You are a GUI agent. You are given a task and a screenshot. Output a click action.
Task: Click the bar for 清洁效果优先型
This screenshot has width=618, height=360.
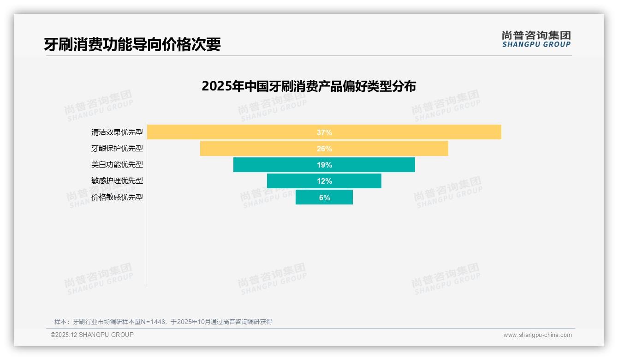[231, 132]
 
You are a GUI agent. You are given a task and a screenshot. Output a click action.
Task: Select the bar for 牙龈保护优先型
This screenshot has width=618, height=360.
[258, 149]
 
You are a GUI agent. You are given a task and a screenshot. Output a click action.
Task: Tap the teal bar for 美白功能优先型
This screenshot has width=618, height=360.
[277, 165]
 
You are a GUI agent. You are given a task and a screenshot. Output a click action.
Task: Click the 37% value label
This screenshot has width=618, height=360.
[324, 132]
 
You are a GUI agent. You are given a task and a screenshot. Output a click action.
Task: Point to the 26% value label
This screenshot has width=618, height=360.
[324, 149]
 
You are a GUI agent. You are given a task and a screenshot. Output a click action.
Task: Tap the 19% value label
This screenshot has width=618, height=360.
[324, 165]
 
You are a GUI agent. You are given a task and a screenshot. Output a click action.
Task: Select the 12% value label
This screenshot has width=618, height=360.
[324, 181]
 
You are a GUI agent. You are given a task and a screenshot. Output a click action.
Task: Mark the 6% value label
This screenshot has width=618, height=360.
[324, 198]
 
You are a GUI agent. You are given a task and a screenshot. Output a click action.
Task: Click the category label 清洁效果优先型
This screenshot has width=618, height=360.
[117, 132]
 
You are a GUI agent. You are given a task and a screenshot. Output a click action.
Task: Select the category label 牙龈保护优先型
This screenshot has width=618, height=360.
[117, 149]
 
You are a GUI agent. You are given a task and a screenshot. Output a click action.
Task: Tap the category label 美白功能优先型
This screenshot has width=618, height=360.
[117, 165]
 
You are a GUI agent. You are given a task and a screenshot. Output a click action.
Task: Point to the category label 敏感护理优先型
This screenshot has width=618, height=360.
[117, 181]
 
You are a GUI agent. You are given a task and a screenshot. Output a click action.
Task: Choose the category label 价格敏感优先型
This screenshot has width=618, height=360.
[117, 198]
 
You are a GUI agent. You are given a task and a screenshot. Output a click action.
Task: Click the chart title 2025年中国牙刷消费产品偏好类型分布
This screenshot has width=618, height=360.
[309, 86]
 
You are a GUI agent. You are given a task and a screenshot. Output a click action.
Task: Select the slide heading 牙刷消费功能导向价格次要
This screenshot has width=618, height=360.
[132, 44]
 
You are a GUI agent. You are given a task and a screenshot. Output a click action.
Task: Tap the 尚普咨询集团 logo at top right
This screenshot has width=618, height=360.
[536, 39]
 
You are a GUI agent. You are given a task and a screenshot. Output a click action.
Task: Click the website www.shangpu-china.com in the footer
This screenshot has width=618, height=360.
[537, 335]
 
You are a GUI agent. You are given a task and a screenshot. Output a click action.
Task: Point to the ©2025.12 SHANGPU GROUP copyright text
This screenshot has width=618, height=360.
[92, 335]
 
